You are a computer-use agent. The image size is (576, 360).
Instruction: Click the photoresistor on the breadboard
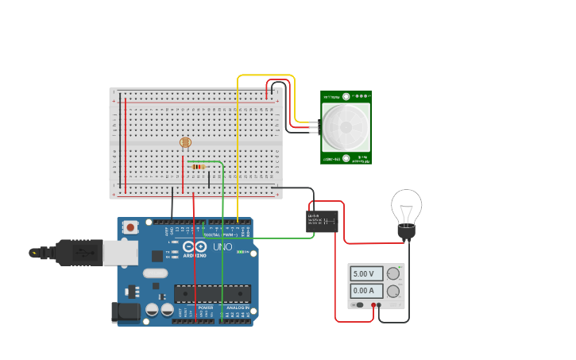(x=185, y=142)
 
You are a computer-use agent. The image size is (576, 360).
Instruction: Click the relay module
(x=322, y=221)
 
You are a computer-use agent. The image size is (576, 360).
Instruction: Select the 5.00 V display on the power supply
(x=366, y=273)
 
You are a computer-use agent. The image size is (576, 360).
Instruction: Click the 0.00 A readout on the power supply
(x=366, y=291)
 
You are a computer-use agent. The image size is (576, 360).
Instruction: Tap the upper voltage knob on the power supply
(x=393, y=273)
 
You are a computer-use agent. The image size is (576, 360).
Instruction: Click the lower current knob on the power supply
(x=393, y=291)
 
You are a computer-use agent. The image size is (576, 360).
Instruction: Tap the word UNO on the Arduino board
(x=222, y=247)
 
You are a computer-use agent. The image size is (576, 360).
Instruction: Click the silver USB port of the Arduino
(x=120, y=252)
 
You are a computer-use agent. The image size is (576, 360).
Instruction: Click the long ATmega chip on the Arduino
(x=212, y=293)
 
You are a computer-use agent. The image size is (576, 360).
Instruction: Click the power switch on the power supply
(x=359, y=305)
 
